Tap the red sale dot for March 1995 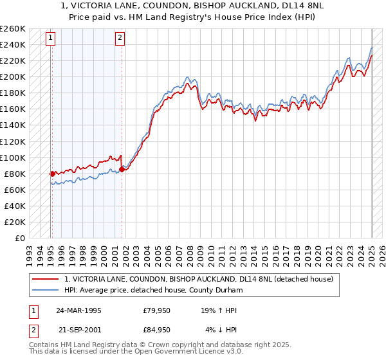point(52,174)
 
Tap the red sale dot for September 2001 point(122,170)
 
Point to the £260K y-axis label point(12,29)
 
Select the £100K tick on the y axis point(12,157)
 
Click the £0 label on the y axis point(21,238)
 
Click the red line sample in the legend point(46,280)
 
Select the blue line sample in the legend point(46,291)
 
